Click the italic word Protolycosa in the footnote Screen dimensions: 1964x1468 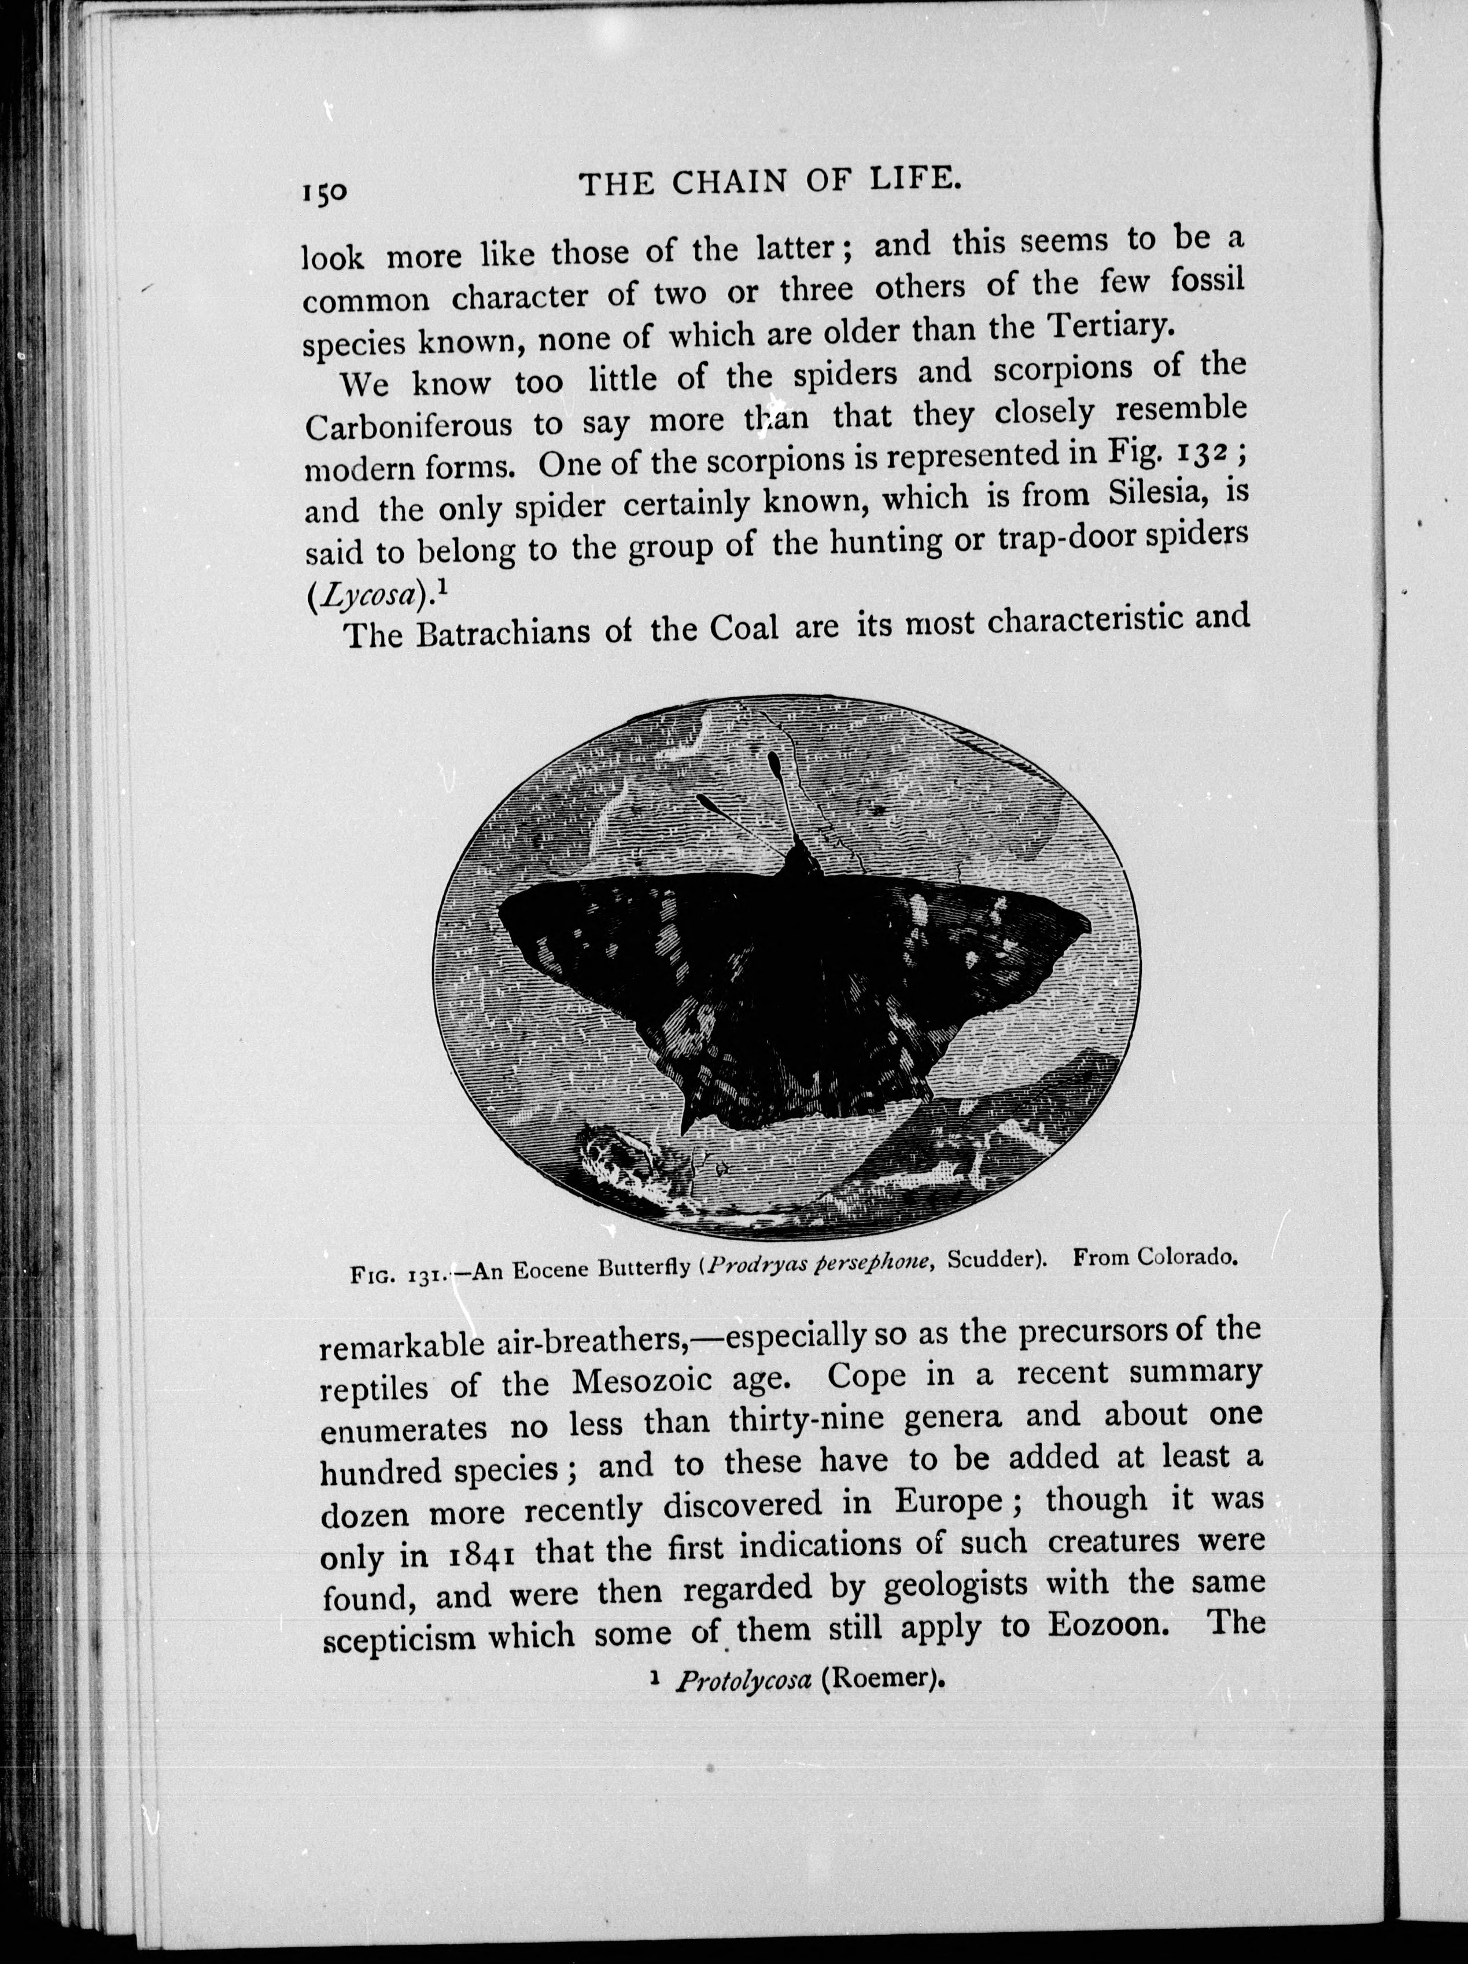[x=744, y=1681]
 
